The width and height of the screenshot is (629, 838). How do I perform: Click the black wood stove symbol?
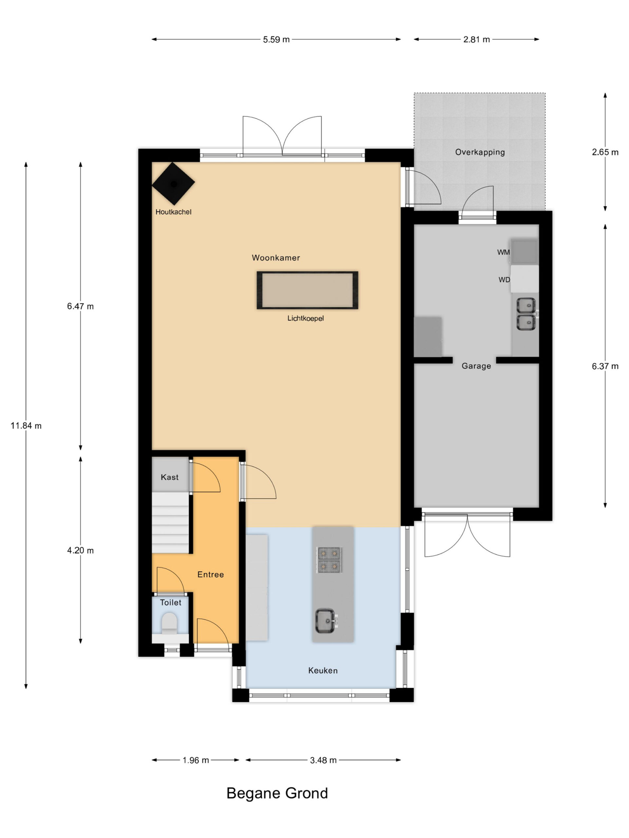coord(173,184)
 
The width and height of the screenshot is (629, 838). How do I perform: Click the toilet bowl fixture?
coord(169,624)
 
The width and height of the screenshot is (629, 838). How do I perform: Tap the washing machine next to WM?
coord(524,251)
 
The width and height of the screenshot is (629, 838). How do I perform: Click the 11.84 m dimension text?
coord(26,426)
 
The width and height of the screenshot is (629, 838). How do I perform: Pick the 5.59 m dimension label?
coord(276,39)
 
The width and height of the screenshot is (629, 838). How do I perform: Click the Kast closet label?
coord(169,477)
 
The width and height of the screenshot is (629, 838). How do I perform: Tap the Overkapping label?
coord(480,152)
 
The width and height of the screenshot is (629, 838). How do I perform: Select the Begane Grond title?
coord(277,793)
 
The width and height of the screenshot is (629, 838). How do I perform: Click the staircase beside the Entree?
coord(170,522)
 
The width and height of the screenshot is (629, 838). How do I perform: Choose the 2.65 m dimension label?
coord(605,152)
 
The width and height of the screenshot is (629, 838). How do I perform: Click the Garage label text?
coord(476,366)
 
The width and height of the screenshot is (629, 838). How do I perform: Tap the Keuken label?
coord(323,670)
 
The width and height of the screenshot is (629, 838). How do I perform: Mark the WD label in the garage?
coord(504,280)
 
